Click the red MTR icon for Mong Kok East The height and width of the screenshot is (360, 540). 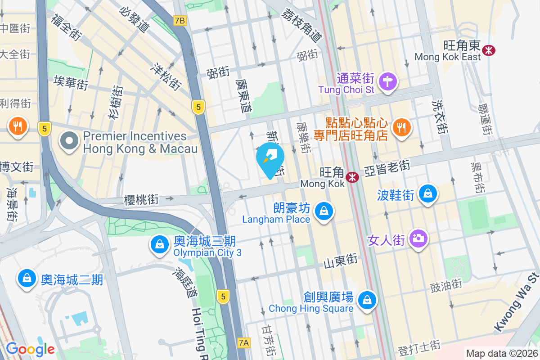tap(487, 50)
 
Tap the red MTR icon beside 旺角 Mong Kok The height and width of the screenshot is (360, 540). tap(352, 177)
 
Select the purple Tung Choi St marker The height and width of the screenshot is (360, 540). tap(387, 82)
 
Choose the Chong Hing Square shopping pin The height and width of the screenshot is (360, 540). tap(367, 299)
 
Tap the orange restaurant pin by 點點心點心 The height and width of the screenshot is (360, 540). tap(400, 127)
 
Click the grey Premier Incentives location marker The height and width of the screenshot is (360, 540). tap(69, 141)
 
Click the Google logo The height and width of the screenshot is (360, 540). tap(30, 349)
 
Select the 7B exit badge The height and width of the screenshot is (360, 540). tap(180, 21)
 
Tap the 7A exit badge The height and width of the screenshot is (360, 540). tap(243, 343)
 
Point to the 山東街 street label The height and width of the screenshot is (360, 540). tap(341, 260)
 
